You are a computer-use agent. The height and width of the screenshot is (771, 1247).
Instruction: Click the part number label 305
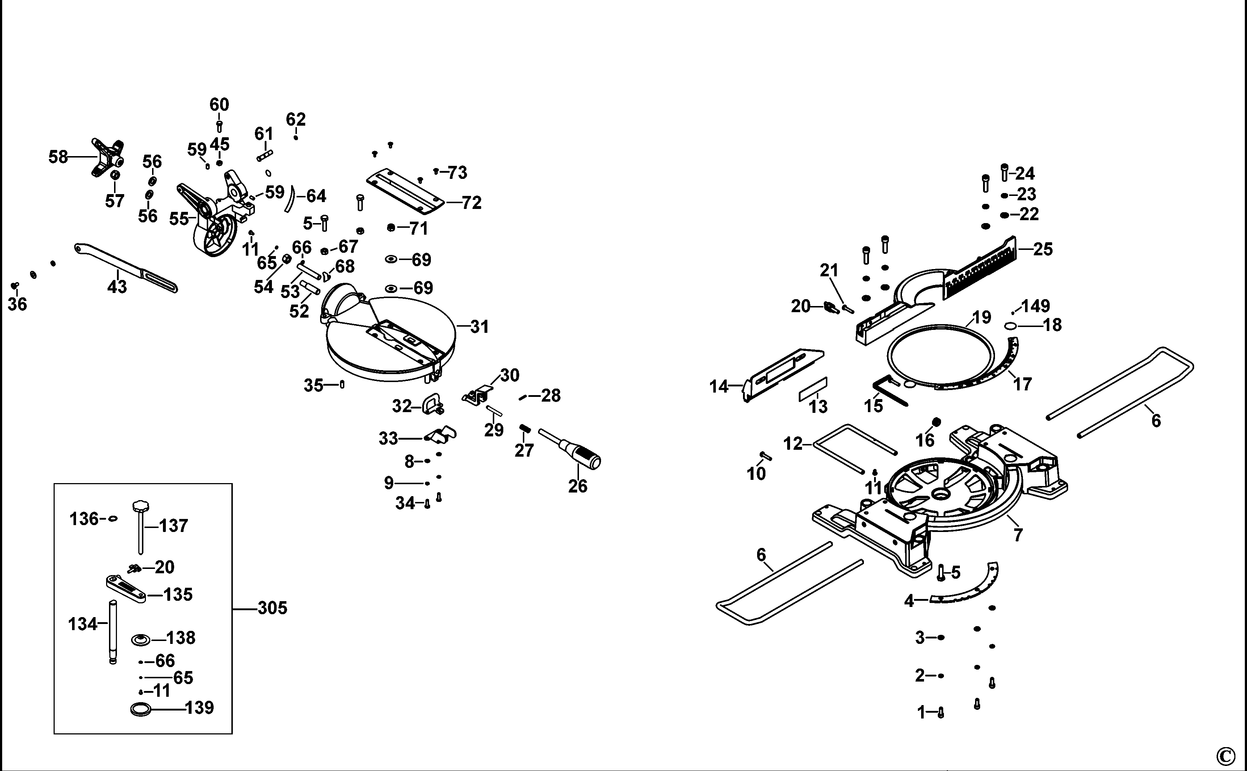[x=272, y=608]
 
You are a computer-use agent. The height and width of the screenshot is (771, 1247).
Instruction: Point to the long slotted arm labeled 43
[x=127, y=268]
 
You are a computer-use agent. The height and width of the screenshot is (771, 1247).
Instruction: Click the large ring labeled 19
[x=941, y=357]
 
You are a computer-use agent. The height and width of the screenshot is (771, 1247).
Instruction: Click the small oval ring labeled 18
[x=1011, y=326]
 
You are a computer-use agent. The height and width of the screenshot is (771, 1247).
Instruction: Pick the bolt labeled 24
[x=1004, y=172]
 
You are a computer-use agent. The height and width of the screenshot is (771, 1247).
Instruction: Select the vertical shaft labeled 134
[x=113, y=632]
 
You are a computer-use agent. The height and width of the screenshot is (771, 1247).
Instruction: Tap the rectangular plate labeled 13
[x=813, y=390]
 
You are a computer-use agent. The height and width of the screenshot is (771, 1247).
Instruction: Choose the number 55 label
[x=179, y=219]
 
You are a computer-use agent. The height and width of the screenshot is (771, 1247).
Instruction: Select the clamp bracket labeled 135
[x=125, y=588]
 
